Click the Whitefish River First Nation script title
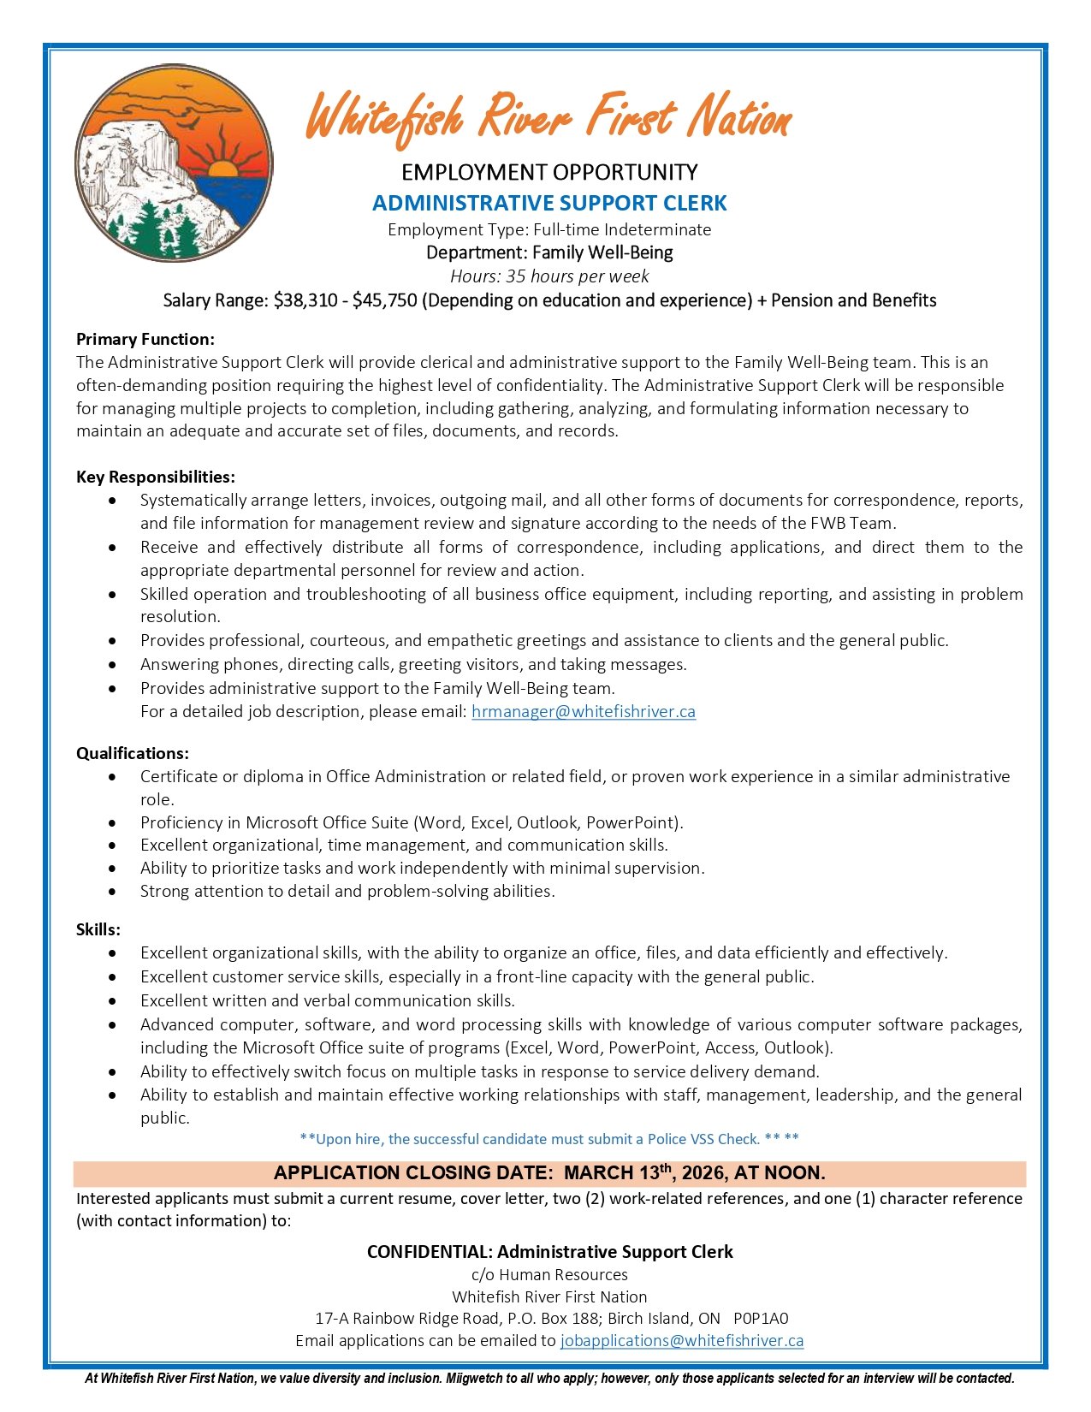pyautogui.click(x=548, y=118)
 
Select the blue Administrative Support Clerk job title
pyautogui.click(x=549, y=204)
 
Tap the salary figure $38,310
pyautogui.click(x=305, y=300)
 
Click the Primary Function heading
pyautogui.click(x=145, y=340)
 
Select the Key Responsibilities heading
pyautogui.click(x=156, y=477)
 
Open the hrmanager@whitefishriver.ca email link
pyautogui.click(x=584, y=712)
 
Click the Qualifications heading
pyautogui.click(x=133, y=754)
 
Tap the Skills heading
pyautogui.click(x=98, y=930)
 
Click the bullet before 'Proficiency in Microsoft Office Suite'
pyautogui.click(x=113, y=823)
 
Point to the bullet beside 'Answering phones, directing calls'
pyautogui.click(x=113, y=665)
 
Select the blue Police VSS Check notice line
pyautogui.click(x=549, y=1139)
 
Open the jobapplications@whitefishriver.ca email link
pyautogui.click(x=682, y=1341)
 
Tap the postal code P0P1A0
pyautogui.click(x=761, y=1319)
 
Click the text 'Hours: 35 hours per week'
pyautogui.click(x=549, y=276)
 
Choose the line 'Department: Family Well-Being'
pyautogui.click(x=549, y=253)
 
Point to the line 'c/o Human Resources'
pyautogui.click(x=549, y=1275)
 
